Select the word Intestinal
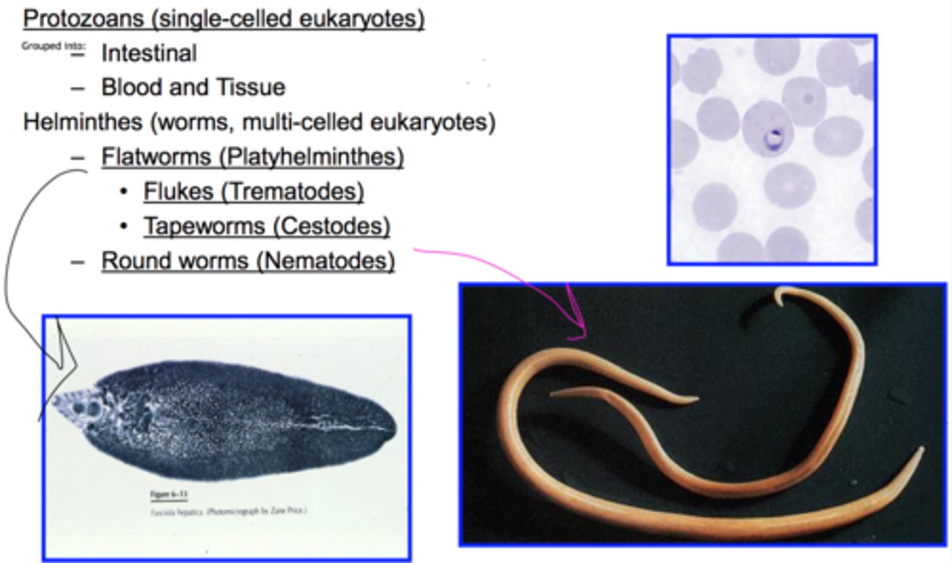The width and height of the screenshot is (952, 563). pos(149,53)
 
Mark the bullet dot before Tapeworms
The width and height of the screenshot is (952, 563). pos(123,227)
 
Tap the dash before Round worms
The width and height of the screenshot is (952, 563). pos(78,262)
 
